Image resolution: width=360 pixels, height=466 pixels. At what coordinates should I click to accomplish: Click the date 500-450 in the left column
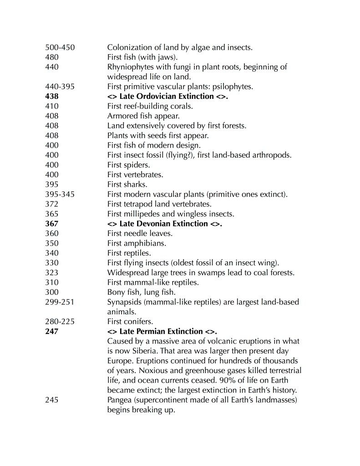tap(60, 47)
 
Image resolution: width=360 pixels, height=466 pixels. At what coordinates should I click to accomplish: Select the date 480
tap(52, 57)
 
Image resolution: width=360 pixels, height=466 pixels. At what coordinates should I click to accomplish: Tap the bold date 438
tap(52, 96)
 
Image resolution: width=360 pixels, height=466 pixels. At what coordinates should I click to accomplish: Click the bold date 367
tap(52, 224)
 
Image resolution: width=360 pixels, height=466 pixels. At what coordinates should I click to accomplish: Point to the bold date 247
tap(52, 331)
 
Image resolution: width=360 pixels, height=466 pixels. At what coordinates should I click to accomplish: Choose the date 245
tap(52, 400)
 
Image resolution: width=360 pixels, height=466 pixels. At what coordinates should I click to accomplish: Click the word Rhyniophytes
tap(130, 67)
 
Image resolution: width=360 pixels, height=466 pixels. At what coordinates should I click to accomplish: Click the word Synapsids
tap(125, 302)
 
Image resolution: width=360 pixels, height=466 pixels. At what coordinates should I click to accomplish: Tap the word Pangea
tap(119, 400)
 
